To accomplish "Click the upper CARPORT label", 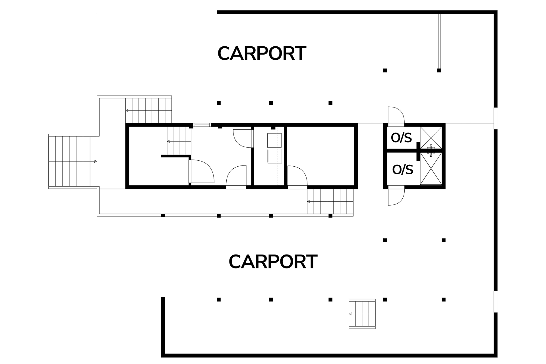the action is tap(262, 53).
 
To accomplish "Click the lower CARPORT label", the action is tap(273, 262).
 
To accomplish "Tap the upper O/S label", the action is tap(401, 138).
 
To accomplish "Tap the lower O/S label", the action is tap(402, 170).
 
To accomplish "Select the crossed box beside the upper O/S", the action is tap(431, 138).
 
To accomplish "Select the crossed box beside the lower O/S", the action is tap(431, 169).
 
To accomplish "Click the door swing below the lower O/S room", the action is tap(396, 197).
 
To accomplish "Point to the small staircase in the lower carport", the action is tap(362, 314).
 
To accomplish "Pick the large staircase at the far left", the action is tap(73, 161).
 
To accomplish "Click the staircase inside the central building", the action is tap(178, 141).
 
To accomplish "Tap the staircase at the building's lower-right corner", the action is tap(330, 202).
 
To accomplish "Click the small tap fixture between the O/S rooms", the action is tap(431, 150).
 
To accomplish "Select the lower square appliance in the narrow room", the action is tap(274, 156).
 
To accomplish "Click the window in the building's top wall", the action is tap(202, 125).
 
